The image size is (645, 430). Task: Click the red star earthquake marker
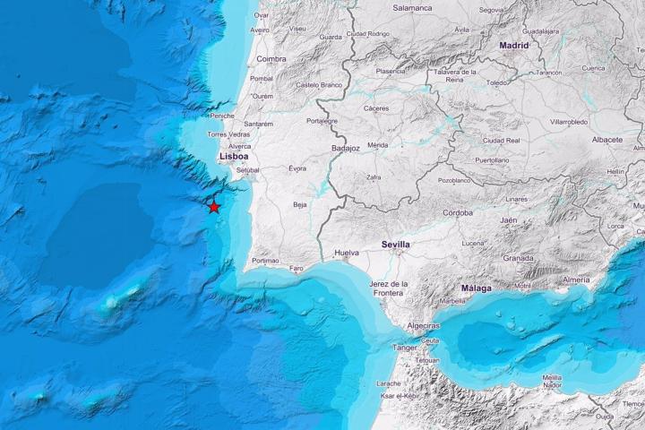[x=214, y=207]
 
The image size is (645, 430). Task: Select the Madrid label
[x=514, y=44]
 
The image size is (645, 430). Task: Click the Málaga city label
[x=476, y=288]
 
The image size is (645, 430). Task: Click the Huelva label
[x=346, y=254]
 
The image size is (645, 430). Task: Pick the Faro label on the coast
[x=297, y=267]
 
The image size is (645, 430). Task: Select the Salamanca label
[x=412, y=8]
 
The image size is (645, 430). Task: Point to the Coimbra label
[x=271, y=58]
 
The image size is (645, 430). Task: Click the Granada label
[x=517, y=258]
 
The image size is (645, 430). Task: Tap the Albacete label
[x=607, y=140]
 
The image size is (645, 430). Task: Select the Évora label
[x=297, y=168]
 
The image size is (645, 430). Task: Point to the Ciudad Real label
[x=501, y=141]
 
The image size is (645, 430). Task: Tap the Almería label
[x=576, y=279]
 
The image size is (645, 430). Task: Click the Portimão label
[x=265, y=261]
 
